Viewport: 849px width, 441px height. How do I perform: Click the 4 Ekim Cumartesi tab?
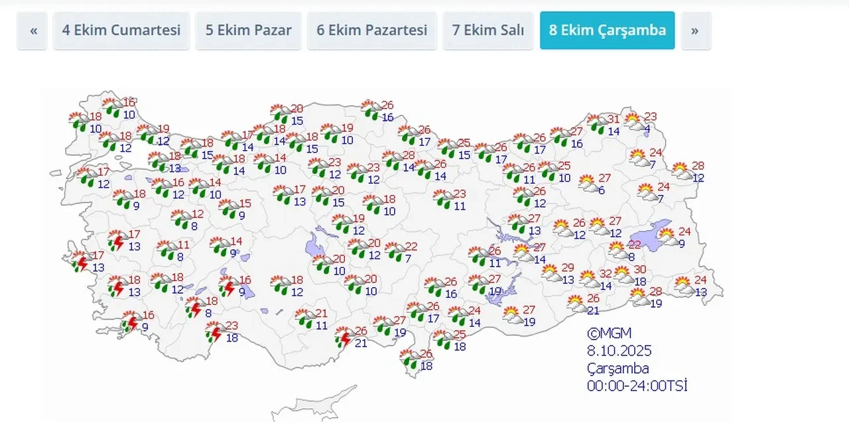(x=121, y=31)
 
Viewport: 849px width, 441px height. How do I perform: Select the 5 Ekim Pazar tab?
(x=248, y=31)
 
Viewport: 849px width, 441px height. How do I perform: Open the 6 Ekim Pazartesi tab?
(x=371, y=31)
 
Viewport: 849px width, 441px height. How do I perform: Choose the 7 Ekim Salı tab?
(x=488, y=31)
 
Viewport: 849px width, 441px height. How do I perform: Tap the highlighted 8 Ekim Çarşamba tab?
(x=607, y=31)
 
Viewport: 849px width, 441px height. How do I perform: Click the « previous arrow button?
(x=33, y=31)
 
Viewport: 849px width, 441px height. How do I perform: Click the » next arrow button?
(x=695, y=31)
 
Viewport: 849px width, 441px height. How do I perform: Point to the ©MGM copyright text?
(x=609, y=333)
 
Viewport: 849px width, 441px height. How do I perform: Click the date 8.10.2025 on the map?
(x=619, y=351)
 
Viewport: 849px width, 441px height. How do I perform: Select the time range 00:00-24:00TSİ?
(x=637, y=385)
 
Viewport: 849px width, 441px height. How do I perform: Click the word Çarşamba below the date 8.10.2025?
(x=618, y=368)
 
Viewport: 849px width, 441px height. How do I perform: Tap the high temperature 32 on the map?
(x=606, y=274)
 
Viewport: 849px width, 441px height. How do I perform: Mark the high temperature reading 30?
(x=639, y=269)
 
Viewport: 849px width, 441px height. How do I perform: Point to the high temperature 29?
(x=568, y=267)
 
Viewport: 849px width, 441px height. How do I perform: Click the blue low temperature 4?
(x=647, y=129)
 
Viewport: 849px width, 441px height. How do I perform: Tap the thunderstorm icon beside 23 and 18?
(x=214, y=333)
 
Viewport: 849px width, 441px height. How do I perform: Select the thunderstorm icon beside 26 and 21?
(x=344, y=338)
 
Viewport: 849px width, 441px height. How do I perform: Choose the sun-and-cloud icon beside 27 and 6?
(x=588, y=184)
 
